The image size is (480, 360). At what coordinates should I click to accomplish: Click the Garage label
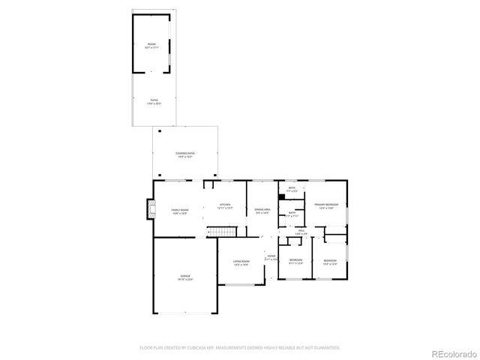(x=184, y=277)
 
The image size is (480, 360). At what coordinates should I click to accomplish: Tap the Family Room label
(x=179, y=211)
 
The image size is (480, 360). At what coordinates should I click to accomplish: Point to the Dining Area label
(x=262, y=211)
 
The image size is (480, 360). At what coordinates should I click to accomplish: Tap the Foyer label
(x=270, y=257)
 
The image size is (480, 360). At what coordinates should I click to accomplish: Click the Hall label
(x=300, y=232)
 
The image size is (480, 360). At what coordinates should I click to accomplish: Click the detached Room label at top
(x=151, y=46)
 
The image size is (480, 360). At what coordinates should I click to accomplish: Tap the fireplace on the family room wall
(x=147, y=211)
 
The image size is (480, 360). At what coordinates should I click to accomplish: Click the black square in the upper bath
(x=282, y=197)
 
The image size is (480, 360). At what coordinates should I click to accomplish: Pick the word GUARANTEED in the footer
(x=325, y=348)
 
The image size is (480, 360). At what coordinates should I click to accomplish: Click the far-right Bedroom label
(x=330, y=262)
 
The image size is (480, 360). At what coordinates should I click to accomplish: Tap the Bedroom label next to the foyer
(x=295, y=262)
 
